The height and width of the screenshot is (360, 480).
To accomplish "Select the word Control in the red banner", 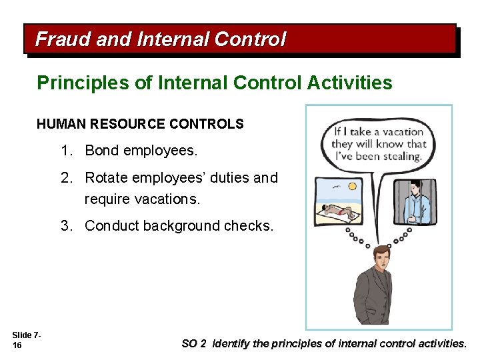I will pos(250,39).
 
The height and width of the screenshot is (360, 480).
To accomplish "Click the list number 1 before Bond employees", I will pos(66,151).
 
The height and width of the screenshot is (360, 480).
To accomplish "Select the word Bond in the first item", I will pos(101,151).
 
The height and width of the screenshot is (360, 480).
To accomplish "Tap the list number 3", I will pos(66,226).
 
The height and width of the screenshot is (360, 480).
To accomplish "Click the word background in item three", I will pos(177,226).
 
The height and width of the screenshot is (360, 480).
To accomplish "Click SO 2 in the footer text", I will pos(194,344).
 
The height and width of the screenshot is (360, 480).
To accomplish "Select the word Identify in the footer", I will pos(231,344).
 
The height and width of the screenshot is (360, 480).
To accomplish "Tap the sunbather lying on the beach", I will pos(344,213).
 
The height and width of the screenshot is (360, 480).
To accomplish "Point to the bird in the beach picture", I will pos(334,187).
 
